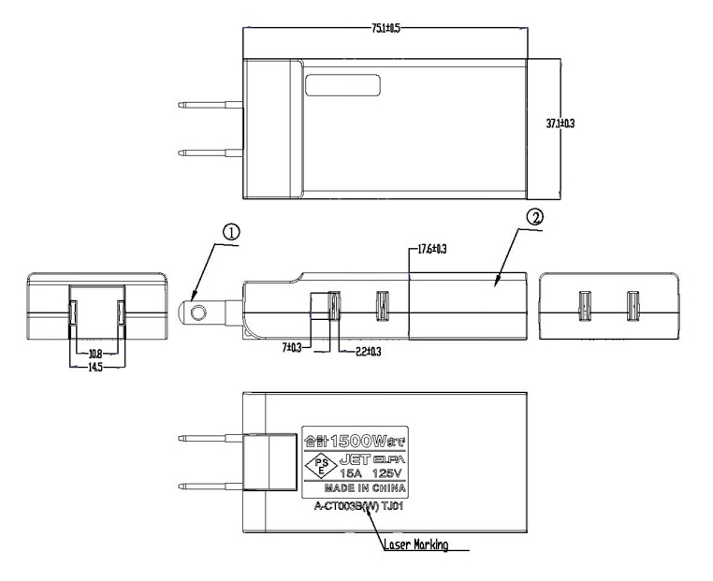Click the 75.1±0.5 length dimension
[381, 29]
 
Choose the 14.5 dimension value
[95, 368]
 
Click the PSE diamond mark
[322, 465]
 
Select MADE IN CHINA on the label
[366, 488]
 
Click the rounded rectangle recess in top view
[342, 85]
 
